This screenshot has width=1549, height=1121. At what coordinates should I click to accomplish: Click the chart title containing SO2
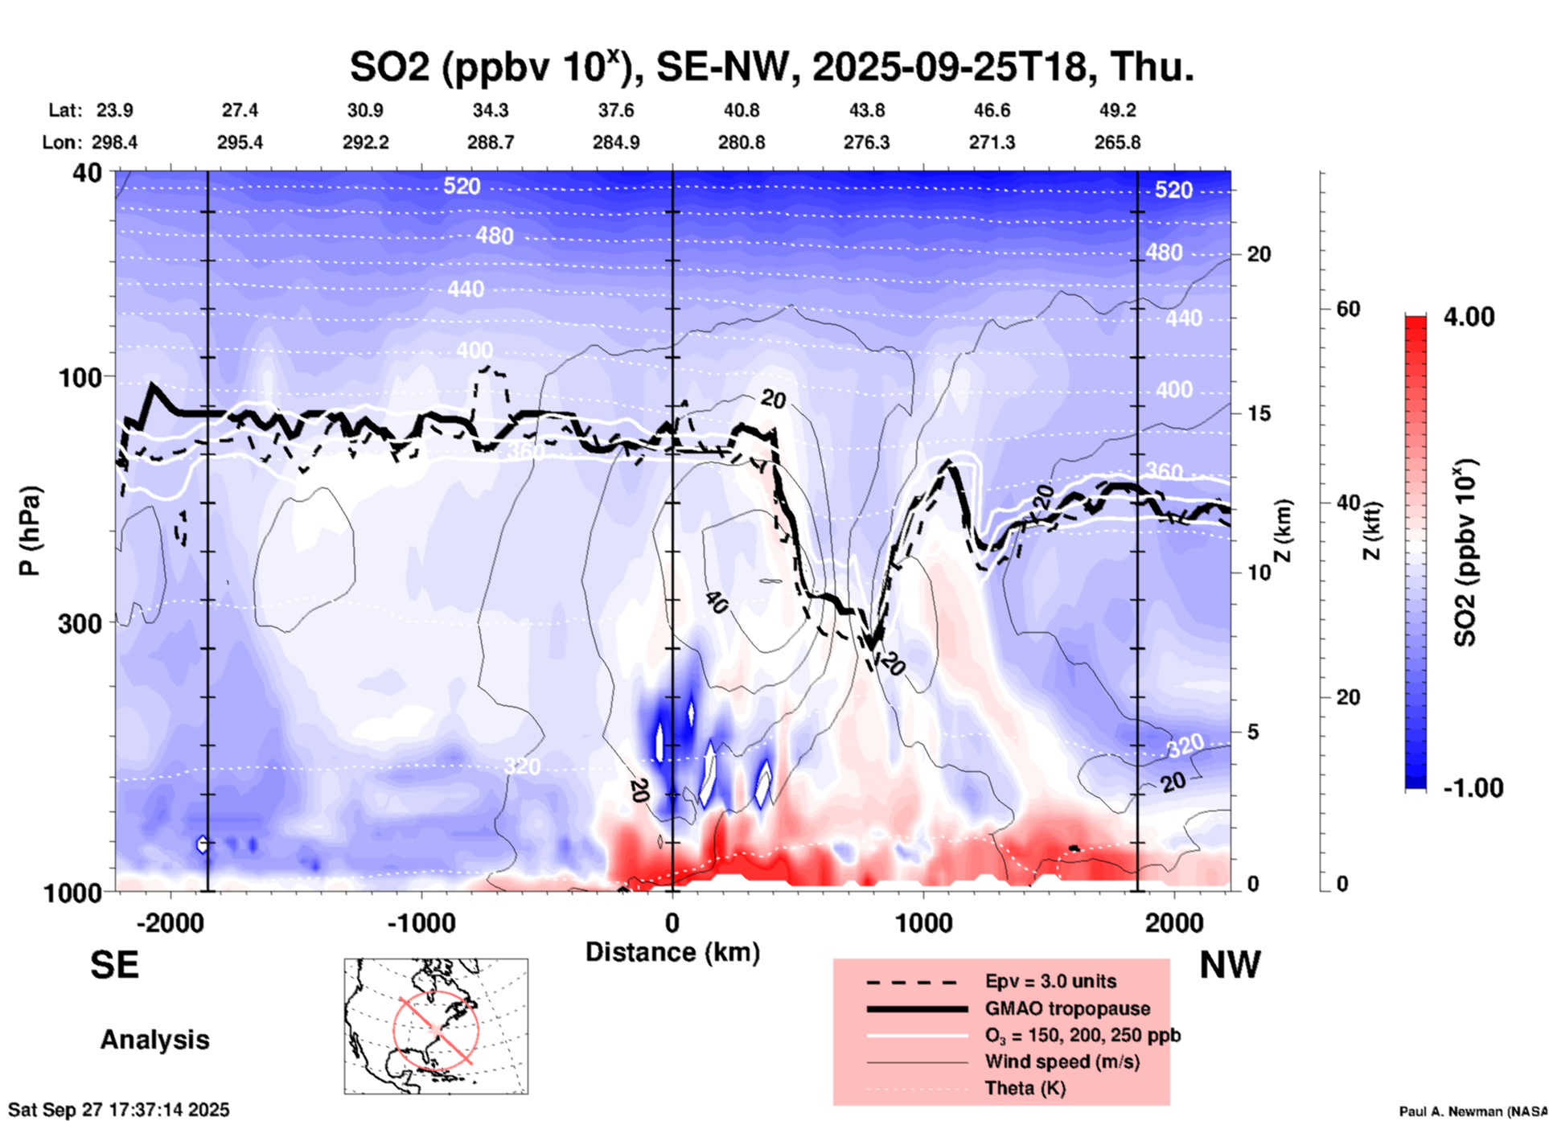point(771,67)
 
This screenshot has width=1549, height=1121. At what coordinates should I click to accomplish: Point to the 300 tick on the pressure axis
point(80,623)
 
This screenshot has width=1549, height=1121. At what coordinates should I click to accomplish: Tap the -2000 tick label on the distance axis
point(170,922)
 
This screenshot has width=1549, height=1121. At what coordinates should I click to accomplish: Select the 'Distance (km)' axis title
point(672,952)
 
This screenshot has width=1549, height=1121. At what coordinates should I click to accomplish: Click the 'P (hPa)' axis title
point(30,531)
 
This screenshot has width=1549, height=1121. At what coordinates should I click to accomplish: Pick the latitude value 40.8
point(741,111)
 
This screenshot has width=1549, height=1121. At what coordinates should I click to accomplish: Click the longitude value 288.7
point(491,142)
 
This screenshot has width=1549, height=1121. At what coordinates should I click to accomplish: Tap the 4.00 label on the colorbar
point(1469,317)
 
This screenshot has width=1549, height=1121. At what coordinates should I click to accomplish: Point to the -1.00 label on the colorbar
point(1473,788)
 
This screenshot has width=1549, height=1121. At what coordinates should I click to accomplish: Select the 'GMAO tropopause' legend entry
point(1067,1008)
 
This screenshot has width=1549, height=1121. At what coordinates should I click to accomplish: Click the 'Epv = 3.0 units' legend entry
point(1050,981)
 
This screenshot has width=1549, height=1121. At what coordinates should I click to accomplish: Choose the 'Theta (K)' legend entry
point(1025,1089)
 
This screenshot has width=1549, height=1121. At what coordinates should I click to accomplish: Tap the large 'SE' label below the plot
point(114,965)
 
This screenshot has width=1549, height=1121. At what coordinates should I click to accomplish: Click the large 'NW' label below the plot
point(1230,965)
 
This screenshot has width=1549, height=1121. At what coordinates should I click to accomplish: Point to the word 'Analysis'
point(154,1040)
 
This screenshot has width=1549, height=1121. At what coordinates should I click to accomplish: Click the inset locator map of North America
point(436,1026)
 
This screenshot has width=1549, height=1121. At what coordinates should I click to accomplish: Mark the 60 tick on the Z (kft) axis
point(1348,309)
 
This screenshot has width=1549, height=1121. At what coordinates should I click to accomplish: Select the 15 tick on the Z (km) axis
point(1258,413)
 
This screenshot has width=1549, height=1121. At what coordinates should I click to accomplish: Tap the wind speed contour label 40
point(715,602)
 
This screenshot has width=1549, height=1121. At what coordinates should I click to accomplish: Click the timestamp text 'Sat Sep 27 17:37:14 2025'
point(119,1110)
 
